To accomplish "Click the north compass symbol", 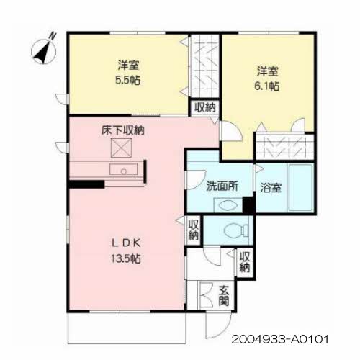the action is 44,50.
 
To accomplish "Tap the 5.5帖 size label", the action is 127,80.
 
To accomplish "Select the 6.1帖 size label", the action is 266,86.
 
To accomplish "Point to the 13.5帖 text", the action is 126,258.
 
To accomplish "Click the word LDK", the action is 126,243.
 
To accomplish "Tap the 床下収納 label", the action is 123,130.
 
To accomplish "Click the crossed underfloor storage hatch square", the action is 122,148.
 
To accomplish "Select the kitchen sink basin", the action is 124,169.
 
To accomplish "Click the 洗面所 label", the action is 222,186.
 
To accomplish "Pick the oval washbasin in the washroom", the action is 228,205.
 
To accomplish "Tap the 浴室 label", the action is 271,188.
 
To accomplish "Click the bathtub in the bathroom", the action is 301,188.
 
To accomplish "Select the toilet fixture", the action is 236,230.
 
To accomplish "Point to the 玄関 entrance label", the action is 224,296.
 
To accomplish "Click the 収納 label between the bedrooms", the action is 205,107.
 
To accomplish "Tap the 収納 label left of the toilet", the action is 194,230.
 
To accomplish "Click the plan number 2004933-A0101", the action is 280,340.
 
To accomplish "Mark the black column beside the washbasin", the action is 249,205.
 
